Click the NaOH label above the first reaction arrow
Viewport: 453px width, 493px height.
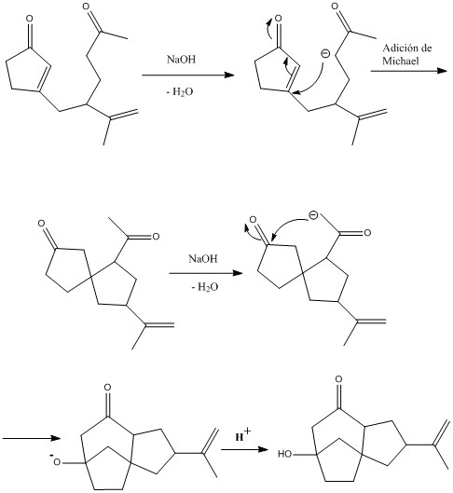[181, 59]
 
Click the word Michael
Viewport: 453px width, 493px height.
[401, 61]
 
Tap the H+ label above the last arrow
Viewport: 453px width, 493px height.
[243, 435]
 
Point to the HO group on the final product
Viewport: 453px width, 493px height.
[285, 454]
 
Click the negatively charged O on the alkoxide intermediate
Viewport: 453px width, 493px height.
[56, 462]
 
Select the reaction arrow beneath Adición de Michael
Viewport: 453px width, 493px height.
[408, 71]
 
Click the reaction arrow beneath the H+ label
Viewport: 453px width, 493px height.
[244, 449]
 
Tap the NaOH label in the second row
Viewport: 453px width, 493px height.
[203, 258]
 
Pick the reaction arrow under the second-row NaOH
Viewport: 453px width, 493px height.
[206, 273]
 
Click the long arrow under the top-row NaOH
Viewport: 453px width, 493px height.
[188, 75]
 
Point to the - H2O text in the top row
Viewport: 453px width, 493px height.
[180, 92]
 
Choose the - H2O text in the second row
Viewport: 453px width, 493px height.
[205, 287]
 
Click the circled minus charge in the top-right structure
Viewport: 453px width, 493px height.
[325, 54]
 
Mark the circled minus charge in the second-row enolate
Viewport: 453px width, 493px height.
[312, 215]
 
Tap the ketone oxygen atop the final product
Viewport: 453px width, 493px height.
[338, 379]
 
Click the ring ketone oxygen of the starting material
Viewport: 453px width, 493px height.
[29, 19]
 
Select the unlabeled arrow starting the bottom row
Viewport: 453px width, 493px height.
[31, 438]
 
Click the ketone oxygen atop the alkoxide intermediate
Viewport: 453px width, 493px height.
[108, 388]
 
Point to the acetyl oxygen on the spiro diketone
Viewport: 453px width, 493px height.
[156, 237]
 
